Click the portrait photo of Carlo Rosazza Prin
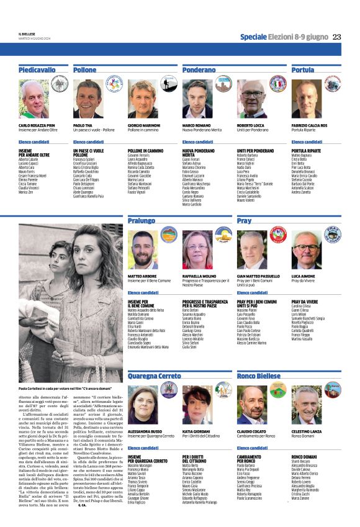(34, 99)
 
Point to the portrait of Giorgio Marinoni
(142, 99)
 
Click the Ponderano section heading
(199, 70)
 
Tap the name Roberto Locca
(251, 125)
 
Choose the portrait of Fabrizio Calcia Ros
(307, 99)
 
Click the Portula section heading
(303, 70)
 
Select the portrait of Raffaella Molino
(197, 250)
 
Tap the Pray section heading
(245, 220)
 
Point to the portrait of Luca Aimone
(307, 250)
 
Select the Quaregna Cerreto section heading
(155, 376)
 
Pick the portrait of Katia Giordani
(197, 405)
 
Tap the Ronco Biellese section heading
(259, 376)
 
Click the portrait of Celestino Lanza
(307, 405)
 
